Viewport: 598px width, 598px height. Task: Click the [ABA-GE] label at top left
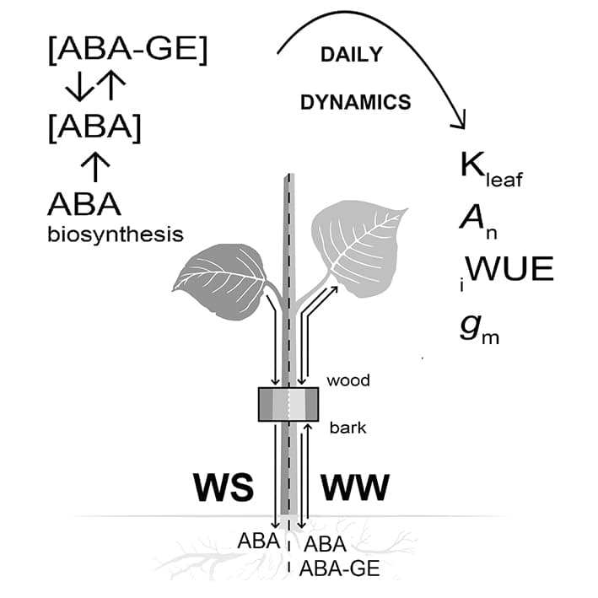pyautogui.click(x=127, y=51)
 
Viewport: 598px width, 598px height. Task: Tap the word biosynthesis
pyautogui.click(x=115, y=234)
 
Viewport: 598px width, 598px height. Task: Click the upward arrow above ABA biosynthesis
pyautogui.click(x=95, y=167)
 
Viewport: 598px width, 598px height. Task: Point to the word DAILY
pyautogui.click(x=351, y=56)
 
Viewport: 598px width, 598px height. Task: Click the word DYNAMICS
pyautogui.click(x=356, y=103)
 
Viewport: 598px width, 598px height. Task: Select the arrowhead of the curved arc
pyautogui.click(x=460, y=123)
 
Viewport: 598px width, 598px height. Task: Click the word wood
pyautogui.click(x=349, y=380)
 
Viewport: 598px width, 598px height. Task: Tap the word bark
pyautogui.click(x=347, y=428)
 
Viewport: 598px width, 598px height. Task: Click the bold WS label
pyautogui.click(x=224, y=488)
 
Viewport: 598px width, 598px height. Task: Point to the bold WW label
pyautogui.click(x=354, y=488)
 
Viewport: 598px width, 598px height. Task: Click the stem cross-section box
pyautogui.click(x=288, y=404)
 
